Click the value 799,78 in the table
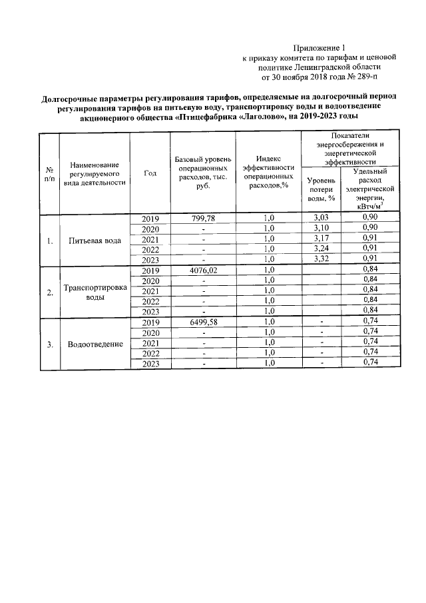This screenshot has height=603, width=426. pos(203,219)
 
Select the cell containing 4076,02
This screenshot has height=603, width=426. pos(203,270)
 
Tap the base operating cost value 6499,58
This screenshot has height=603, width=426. pos(203,322)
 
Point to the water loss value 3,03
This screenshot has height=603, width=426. pos(321,219)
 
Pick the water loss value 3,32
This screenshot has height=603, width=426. pos(321,259)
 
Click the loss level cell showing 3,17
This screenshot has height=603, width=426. pos(321,239)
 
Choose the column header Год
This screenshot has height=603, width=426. pos(150,173)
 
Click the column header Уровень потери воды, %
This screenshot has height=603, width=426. pos(321,189)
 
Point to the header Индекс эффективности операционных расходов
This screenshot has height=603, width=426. pos(268,173)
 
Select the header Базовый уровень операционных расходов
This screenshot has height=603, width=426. pos(203,173)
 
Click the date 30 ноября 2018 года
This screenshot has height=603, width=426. pos(299,77)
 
